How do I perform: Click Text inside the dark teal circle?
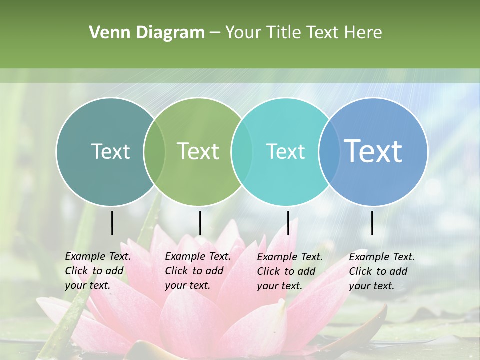tap(110, 151)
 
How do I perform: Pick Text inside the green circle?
tap(198, 151)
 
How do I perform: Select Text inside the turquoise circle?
tap(285, 151)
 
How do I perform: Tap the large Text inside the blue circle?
tap(373, 151)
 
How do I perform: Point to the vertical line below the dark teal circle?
tap(112, 223)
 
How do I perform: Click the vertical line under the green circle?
tap(200, 223)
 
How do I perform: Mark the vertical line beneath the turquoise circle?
tap(288, 223)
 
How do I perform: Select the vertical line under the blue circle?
tap(372, 223)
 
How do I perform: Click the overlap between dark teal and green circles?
tap(154, 151)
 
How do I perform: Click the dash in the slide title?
tap(215, 33)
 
